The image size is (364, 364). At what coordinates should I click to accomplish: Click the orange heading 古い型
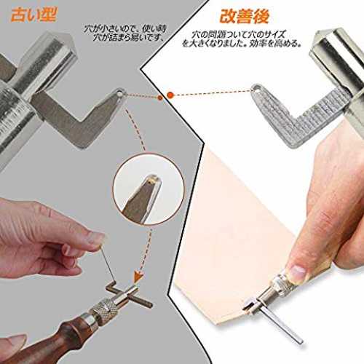(x=33, y=15)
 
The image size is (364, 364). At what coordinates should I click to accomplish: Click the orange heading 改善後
(x=245, y=16)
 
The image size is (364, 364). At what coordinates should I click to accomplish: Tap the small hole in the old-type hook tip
(x=119, y=93)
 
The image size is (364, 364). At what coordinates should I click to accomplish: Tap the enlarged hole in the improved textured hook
(x=258, y=88)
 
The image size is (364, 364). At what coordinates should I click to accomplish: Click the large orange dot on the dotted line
(x=170, y=95)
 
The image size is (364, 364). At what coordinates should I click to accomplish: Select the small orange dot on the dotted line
(x=159, y=98)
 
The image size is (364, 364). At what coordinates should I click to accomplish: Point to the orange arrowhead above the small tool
(x=138, y=277)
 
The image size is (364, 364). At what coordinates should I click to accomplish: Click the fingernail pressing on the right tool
(x=298, y=272)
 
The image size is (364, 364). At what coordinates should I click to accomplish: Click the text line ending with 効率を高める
(x=242, y=43)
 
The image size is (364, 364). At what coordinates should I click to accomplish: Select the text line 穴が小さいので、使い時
(x=125, y=28)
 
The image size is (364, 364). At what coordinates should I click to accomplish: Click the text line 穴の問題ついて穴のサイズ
(x=238, y=34)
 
